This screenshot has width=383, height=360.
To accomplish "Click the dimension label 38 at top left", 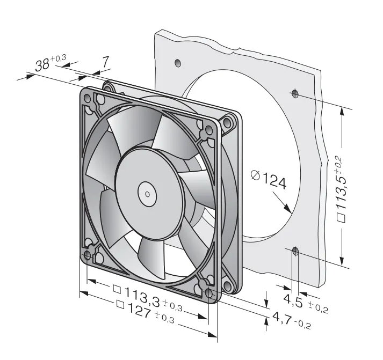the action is pos(42,65).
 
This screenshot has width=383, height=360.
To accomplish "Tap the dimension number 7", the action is pos(105,62).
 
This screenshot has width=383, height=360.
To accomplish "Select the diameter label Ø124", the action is pos(269,180).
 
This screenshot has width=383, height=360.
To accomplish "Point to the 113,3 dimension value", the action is pos(142,296).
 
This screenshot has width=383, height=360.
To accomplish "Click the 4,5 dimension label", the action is pos(293,300).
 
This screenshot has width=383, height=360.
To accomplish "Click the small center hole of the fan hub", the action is pos(147,194).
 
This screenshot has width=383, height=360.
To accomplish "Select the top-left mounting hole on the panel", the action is pos(178,63).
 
